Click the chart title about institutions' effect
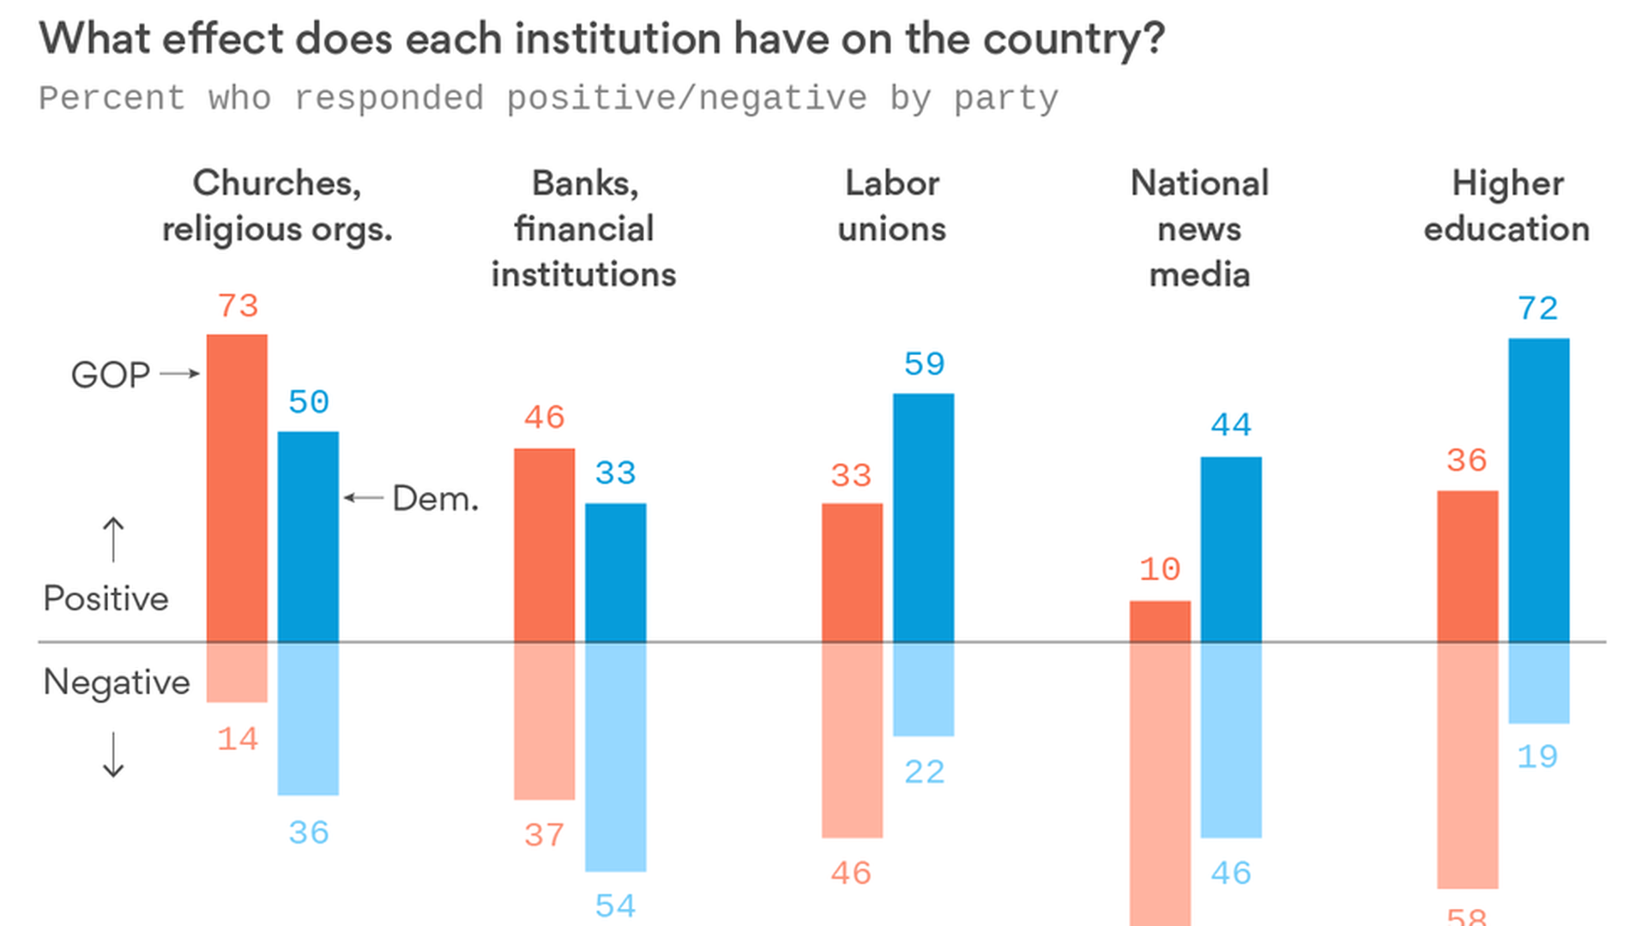tap(601, 39)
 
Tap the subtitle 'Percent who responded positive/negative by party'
tap(548, 99)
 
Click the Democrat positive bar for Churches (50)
tap(308, 536)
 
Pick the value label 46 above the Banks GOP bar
tap(545, 418)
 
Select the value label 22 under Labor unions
tap(924, 773)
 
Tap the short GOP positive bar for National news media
tap(1160, 621)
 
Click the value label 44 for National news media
tap(1231, 425)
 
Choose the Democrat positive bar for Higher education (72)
tap(1539, 490)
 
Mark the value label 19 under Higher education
tap(1537, 757)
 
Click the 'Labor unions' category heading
tap(892, 206)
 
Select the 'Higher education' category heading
tap(1507, 206)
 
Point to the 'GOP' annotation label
tap(111, 375)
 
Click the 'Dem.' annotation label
tap(435, 499)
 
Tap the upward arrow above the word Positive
tap(113, 539)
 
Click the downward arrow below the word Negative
tap(113, 755)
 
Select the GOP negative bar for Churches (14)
tap(237, 672)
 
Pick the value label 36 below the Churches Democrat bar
tap(309, 833)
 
